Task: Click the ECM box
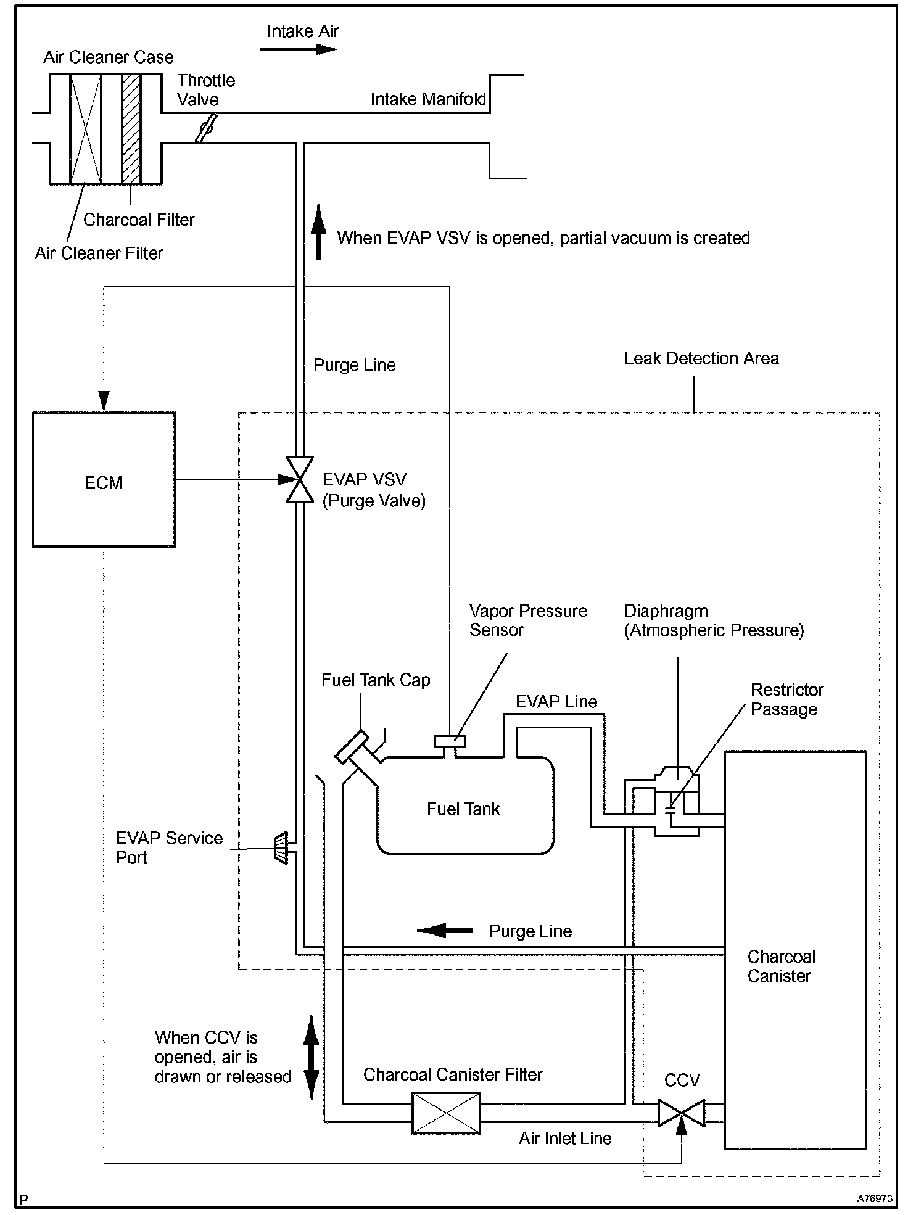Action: click(104, 480)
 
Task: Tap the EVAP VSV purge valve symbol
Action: click(300, 480)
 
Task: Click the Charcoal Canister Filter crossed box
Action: click(446, 1113)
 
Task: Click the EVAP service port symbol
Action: click(281, 848)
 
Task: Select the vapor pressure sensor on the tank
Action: click(450, 742)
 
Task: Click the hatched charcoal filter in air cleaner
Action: click(131, 128)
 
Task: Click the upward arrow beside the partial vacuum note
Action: click(318, 231)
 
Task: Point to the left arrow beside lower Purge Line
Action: click(444, 930)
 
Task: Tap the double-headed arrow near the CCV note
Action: click(312, 1057)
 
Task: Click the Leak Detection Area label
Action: click(701, 358)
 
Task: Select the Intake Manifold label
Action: click(428, 99)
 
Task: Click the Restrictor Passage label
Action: click(786, 699)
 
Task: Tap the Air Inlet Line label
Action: click(565, 1138)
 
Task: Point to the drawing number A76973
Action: click(874, 1199)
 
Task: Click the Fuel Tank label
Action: click(463, 809)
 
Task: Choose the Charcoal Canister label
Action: click(781, 966)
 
